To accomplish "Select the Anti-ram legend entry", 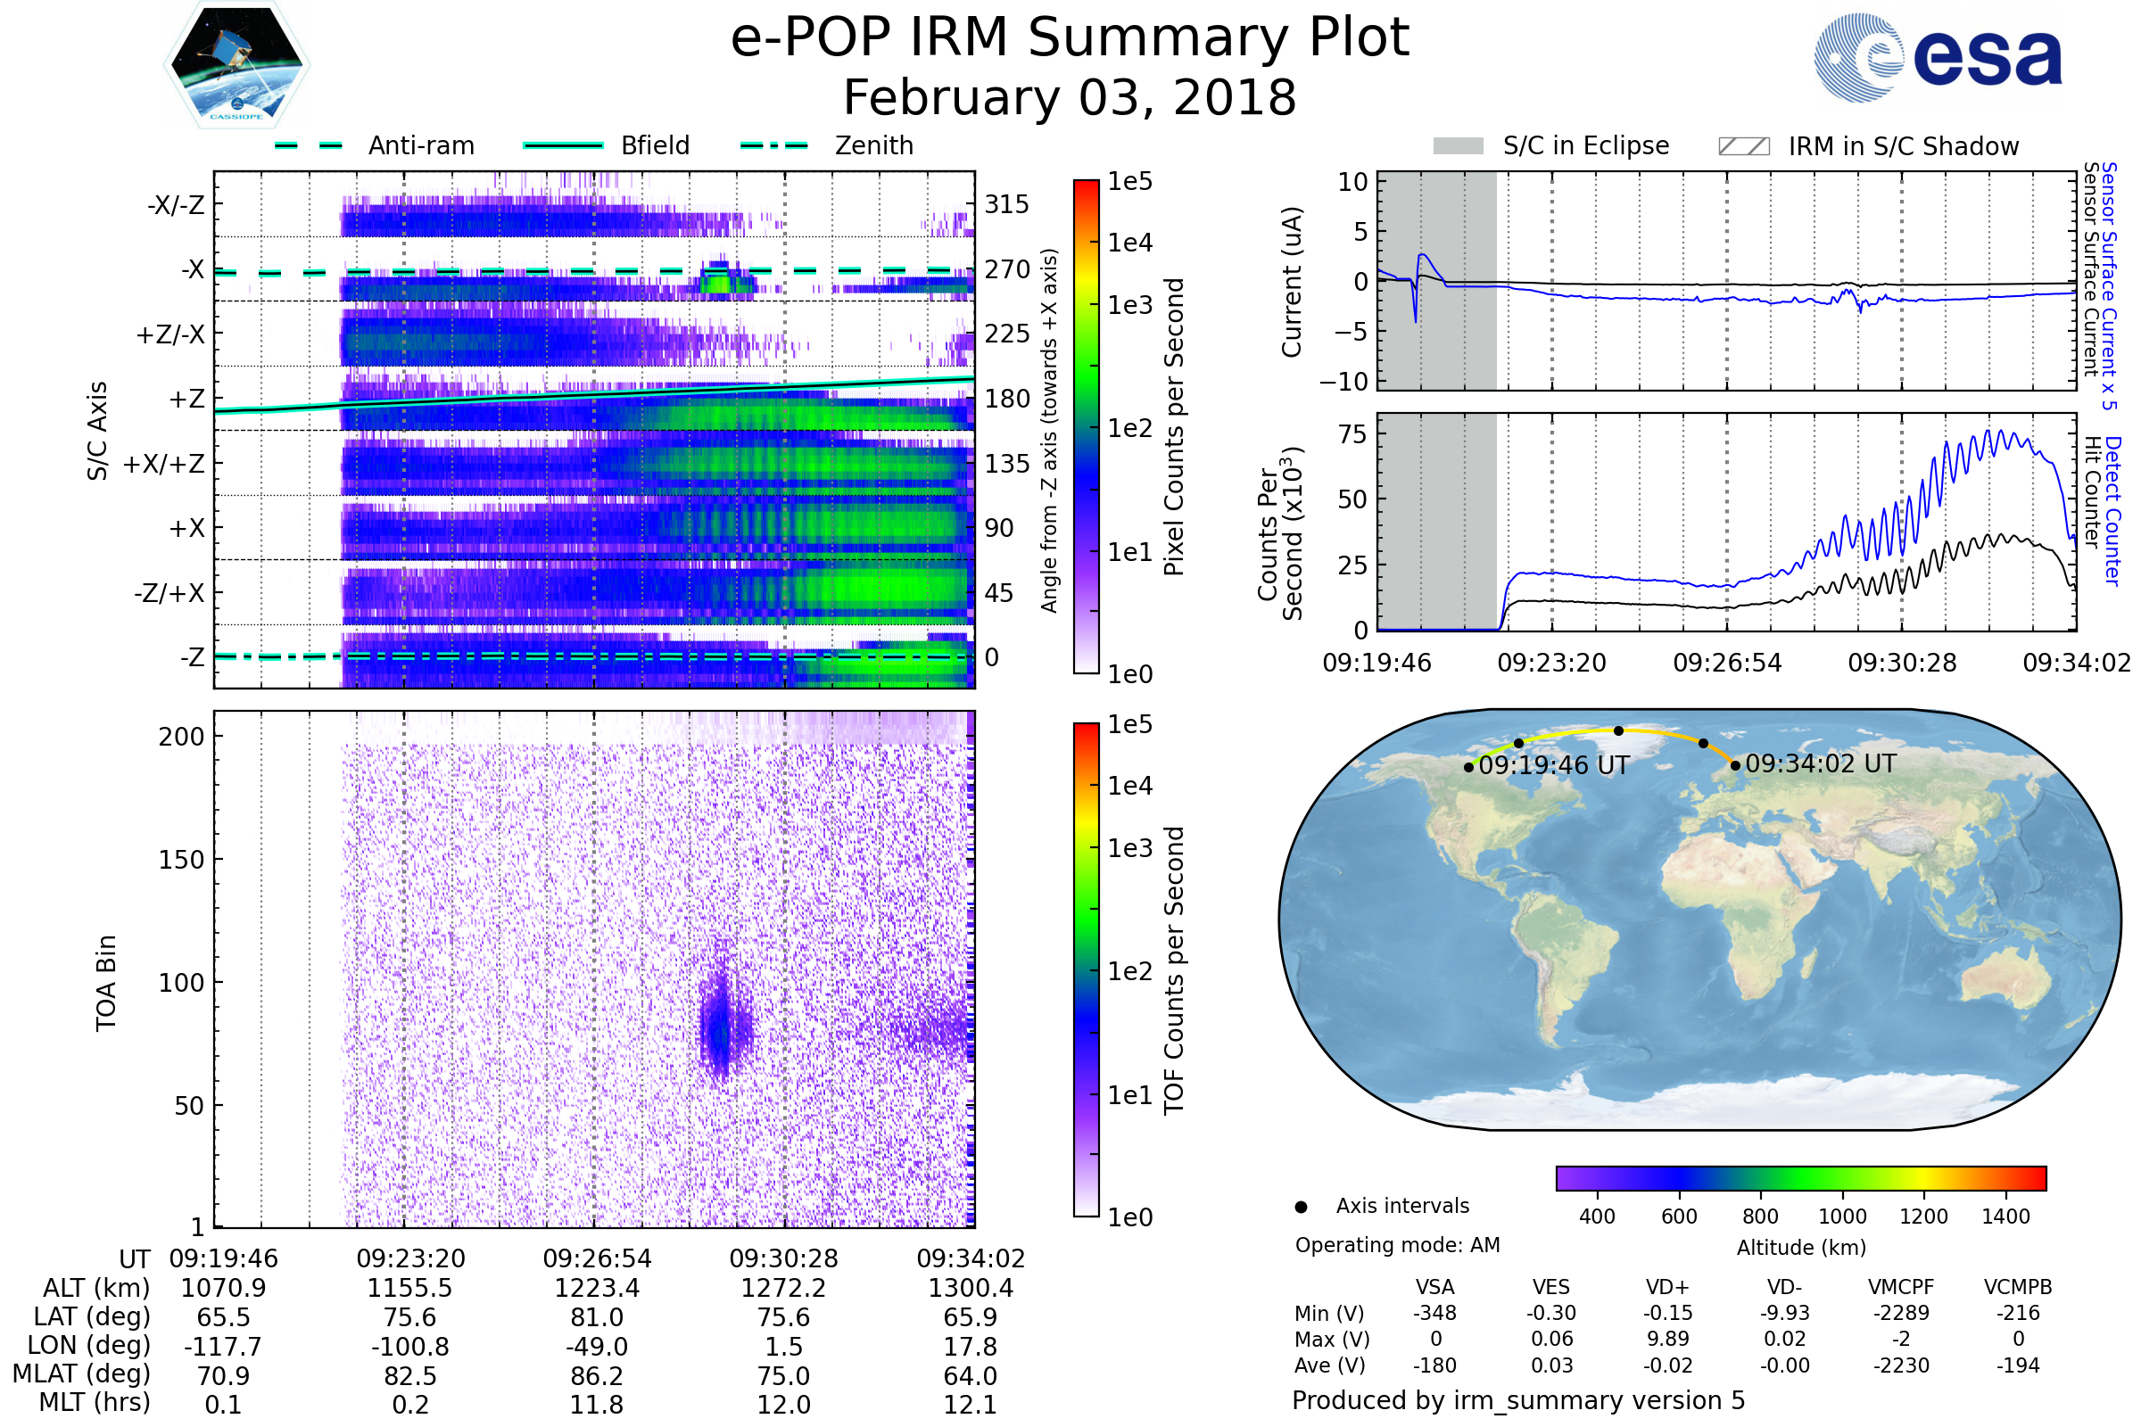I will pyautogui.click(x=420, y=145).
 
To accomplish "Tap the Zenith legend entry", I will pyautogui.click(x=874, y=145).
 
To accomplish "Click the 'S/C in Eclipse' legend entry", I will pyautogui.click(x=1585, y=145).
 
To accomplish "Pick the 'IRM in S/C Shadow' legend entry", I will pyautogui.click(x=1903, y=146).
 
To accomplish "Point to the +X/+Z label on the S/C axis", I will pyautogui.click(x=164, y=464).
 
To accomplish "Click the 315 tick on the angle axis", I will pyautogui.click(x=1006, y=204).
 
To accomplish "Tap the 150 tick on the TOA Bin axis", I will pyautogui.click(x=181, y=860).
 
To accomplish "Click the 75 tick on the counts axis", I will pyautogui.click(x=1352, y=434).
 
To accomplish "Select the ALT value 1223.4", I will pyautogui.click(x=597, y=1288).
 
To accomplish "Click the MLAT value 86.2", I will pyautogui.click(x=597, y=1375).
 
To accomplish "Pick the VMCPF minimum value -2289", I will pyautogui.click(x=1901, y=1313).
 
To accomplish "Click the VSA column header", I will pyautogui.click(x=1434, y=1287).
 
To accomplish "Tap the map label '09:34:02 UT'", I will pyautogui.click(x=1821, y=763).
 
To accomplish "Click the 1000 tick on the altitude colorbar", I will pyautogui.click(x=1842, y=1216).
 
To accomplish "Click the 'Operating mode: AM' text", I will pyautogui.click(x=1397, y=1245).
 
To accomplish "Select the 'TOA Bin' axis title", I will pyautogui.click(x=106, y=982).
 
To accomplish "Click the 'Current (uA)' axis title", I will pyautogui.click(x=1292, y=282).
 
